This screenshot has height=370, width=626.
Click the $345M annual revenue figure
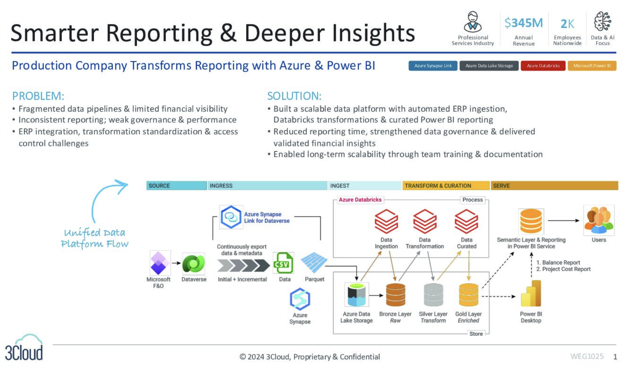point(524,23)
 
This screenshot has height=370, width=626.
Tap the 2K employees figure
point(567,24)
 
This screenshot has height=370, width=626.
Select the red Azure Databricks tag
point(543,66)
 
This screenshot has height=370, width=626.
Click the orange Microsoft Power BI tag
point(592,66)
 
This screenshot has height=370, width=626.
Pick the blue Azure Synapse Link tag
point(433,66)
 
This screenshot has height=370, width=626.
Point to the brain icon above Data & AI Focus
point(602,21)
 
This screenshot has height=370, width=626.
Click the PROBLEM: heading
point(38,96)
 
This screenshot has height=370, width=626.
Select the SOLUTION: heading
point(294,96)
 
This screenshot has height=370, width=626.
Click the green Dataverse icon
point(194,264)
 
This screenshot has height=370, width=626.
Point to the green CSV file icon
point(283,263)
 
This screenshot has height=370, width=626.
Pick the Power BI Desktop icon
point(531,294)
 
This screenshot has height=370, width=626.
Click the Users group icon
point(599,220)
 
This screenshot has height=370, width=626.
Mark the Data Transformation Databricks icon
point(425,221)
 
